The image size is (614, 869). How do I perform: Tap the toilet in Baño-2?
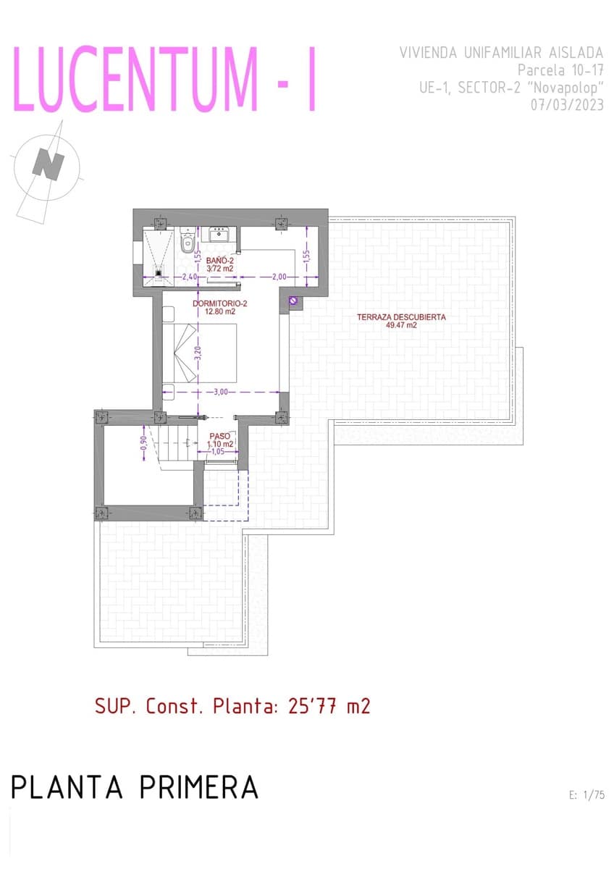(x=186, y=240)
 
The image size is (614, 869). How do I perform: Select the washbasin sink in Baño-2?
(x=219, y=234)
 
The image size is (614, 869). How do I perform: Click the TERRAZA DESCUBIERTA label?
(x=401, y=321)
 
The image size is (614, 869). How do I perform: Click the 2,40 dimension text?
(x=190, y=277)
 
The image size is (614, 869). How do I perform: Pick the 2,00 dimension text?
(x=279, y=277)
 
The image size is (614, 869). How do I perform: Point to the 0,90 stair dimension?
(x=143, y=442)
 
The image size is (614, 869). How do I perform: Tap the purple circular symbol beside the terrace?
(x=293, y=300)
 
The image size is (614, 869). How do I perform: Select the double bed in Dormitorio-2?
(x=200, y=353)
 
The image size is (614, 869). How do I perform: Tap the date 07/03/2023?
(x=567, y=104)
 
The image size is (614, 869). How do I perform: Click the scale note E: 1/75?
(x=587, y=795)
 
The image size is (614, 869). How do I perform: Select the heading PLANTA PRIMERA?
(x=135, y=787)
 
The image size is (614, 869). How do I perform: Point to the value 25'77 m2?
(x=329, y=706)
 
